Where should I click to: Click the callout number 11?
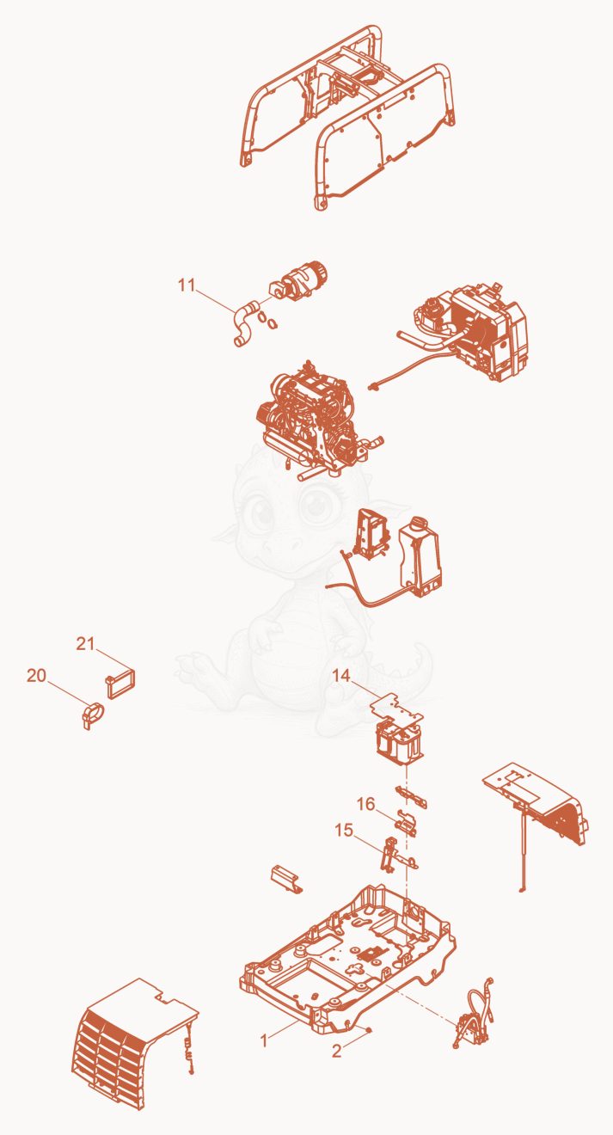(186, 285)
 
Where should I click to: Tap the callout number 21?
(85, 643)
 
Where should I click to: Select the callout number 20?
(36, 676)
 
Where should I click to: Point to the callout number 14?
(341, 676)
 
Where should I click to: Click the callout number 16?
(365, 804)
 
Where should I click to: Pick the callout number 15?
(344, 831)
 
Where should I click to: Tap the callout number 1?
(263, 1040)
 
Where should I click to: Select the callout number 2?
(337, 1052)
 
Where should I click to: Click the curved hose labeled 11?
(244, 324)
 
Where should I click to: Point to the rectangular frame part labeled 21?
(120, 684)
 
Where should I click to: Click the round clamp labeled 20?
(93, 715)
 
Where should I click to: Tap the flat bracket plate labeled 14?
(396, 710)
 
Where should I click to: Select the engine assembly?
(316, 420)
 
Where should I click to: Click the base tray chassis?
(347, 963)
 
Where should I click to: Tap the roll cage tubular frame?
(346, 117)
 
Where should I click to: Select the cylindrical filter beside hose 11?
(299, 280)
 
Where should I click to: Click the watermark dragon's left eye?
(259, 510)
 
